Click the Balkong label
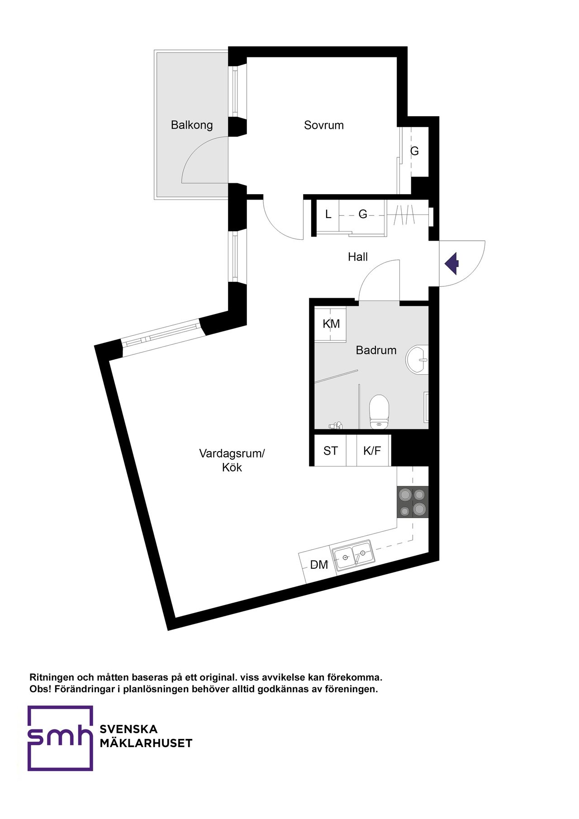pyautogui.click(x=192, y=125)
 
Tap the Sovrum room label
pyautogui.click(x=324, y=125)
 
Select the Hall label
pyautogui.click(x=358, y=257)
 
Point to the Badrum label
pyautogui.click(x=376, y=350)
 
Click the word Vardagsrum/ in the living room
pyautogui.click(x=232, y=453)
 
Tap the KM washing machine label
pyautogui.click(x=331, y=324)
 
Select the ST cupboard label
pyautogui.click(x=331, y=451)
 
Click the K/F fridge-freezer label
pyautogui.click(x=372, y=451)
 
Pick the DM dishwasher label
pyautogui.click(x=319, y=565)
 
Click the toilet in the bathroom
pyautogui.click(x=379, y=412)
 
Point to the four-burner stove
pyautogui.click(x=413, y=502)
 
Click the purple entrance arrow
pyautogui.click(x=452, y=263)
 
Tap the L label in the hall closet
pyautogui.click(x=328, y=214)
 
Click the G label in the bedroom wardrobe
pyautogui.click(x=414, y=151)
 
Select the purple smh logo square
pyautogui.click(x=60, y=738)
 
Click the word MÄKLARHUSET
pyautogui.click(x=146, y=743)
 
